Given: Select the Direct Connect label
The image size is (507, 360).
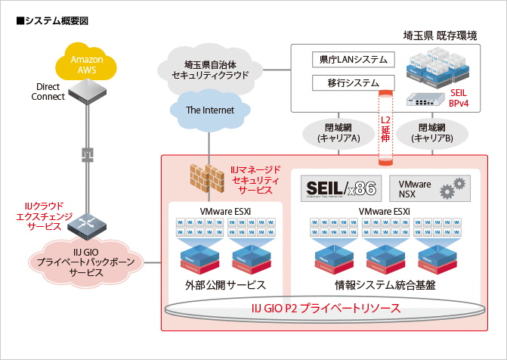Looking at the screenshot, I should click(47, 92).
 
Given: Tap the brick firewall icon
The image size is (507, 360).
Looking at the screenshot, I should click(206, 176).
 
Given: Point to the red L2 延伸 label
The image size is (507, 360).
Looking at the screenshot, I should click(385, 129).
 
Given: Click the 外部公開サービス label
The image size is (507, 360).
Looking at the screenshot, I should click(225, 285).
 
